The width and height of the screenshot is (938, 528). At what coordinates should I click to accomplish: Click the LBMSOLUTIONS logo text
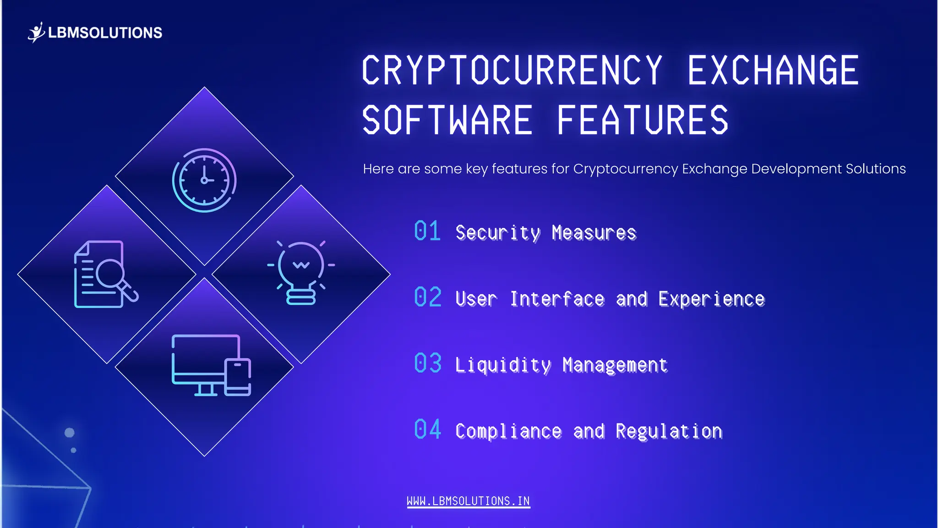(x=105, y=33)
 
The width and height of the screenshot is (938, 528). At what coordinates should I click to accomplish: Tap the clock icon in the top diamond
(x=204, y=180)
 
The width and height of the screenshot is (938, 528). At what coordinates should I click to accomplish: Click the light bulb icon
(x=301, y=272)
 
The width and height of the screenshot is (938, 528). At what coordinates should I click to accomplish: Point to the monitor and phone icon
(x=211, y=365)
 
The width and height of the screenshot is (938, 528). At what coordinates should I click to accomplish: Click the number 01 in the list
(x=427, y=231)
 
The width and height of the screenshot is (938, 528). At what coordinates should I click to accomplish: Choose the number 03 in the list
(x=428, y=363)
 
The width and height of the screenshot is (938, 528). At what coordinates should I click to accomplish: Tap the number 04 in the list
(x=428, y=430)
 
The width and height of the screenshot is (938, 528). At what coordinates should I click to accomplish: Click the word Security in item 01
(x=498, y=233)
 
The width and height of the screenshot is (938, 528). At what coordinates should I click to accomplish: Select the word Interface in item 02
(x=557, y=299)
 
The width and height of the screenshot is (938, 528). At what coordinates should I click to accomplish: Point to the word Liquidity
(x=503, y=365)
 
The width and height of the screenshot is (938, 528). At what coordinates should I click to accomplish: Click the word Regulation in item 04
(x=669, y=431)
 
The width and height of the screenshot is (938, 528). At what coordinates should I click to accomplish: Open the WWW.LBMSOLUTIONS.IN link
(x=468, y=501)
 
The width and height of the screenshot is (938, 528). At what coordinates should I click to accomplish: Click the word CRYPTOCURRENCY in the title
(x=512, y=70)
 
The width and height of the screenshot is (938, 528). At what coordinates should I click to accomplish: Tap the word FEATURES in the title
(x=642, y=120)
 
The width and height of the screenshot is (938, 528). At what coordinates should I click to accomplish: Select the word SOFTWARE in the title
(x=447, y=120)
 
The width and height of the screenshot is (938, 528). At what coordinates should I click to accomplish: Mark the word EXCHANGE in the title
(x=773, y=70)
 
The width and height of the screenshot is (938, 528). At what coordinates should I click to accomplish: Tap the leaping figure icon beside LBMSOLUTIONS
(x=36, y=32)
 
